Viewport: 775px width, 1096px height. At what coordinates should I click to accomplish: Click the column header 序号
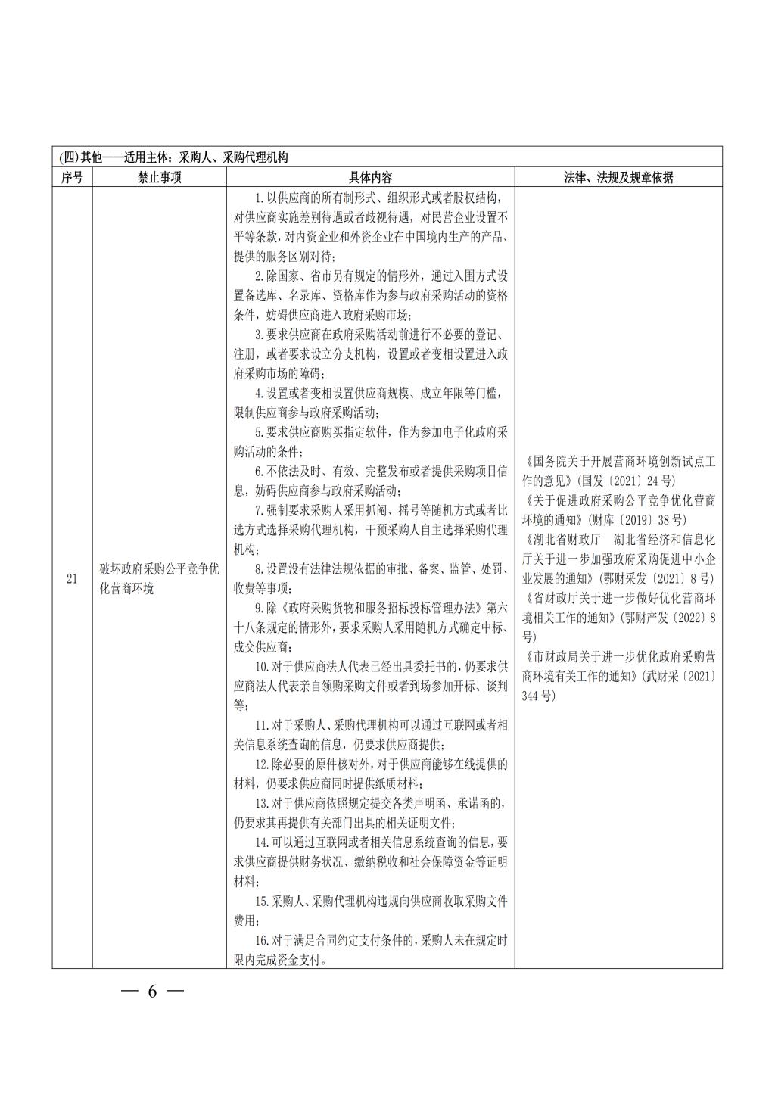72,177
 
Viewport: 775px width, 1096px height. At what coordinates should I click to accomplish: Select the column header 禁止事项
159,177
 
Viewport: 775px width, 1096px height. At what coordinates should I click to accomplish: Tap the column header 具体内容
370,177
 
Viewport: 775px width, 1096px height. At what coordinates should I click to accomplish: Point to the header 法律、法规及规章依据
618,177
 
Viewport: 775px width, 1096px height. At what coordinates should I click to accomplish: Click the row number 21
72,579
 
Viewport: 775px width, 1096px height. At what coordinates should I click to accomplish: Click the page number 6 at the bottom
151,992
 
